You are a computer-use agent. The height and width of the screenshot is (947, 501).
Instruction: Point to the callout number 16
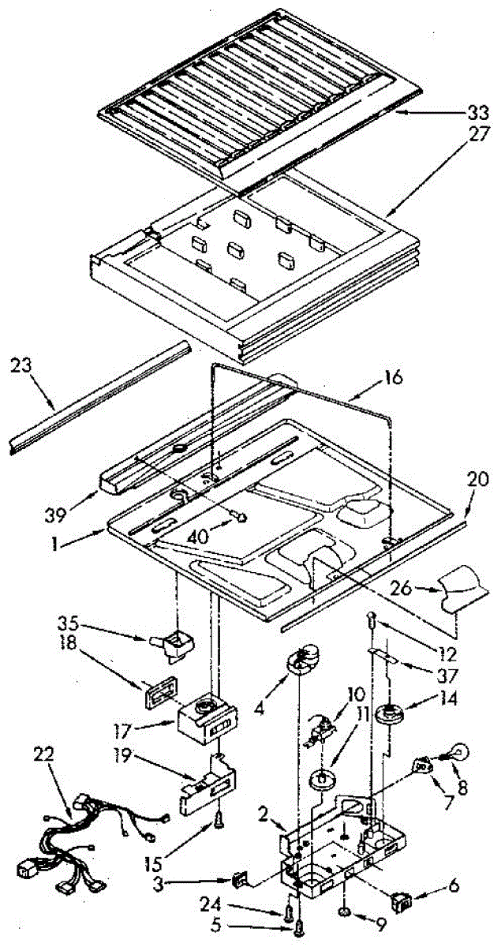[x=392, y=379]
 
